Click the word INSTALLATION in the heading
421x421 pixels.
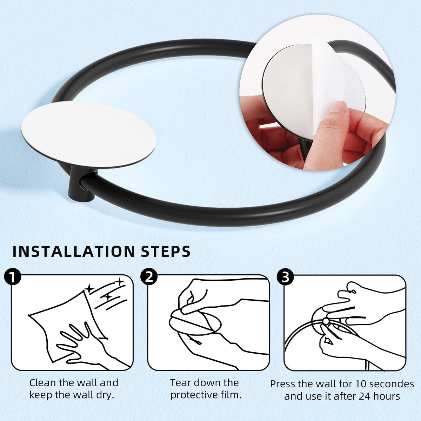(74, 252)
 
